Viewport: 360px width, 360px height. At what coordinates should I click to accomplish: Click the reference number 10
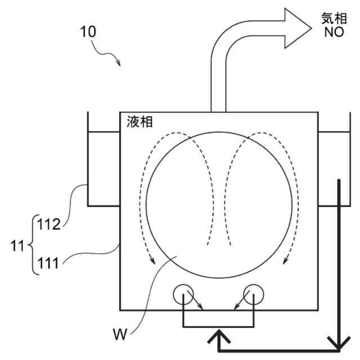tap(88, 31)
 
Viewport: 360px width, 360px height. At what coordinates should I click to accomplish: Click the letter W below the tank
tap(119, 335)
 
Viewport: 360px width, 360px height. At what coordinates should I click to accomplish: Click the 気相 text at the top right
tap(333, 17)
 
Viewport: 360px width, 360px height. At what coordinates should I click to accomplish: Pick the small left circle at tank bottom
tap(183, 294)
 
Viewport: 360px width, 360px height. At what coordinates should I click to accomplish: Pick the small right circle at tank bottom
tap(253, 294)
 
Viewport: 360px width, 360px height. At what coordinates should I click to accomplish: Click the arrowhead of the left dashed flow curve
tap(151, 259)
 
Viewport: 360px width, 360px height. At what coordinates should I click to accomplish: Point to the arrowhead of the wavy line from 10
tap(119, 62)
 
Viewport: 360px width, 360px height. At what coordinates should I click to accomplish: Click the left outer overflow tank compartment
tap(103, 168)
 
